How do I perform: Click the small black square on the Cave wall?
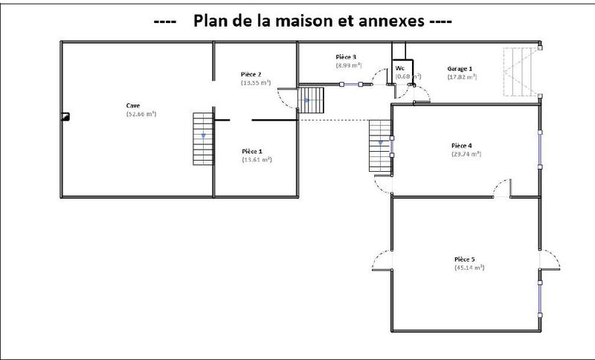click(x=65, y=116)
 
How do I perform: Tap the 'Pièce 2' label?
click(x=251, y=74)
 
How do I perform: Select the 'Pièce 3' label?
click(x=347, y=57)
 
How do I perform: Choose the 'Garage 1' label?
click(x=460, y=67)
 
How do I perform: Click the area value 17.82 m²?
click(x=462, y=76)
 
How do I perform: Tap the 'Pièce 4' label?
click(x=461, y=145)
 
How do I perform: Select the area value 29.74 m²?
click(x=466, y=154)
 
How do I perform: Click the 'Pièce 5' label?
click(x=465, y=259)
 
